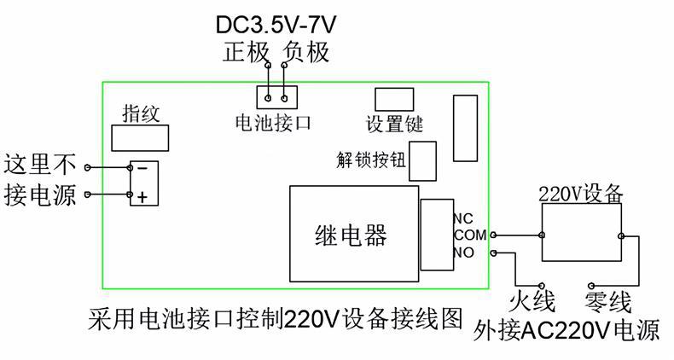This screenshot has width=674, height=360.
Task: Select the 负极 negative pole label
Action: tap(305, 51)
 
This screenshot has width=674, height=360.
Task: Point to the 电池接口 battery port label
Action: tap(273, 123)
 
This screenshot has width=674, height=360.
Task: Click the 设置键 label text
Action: tap(394, 123)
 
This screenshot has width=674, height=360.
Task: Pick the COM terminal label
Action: tap(469, 235)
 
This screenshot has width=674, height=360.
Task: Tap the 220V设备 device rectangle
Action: tap(581, 235)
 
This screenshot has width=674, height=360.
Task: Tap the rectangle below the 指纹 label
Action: tap(139, 136)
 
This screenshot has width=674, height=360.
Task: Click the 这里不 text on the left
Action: tap(40, 164)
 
